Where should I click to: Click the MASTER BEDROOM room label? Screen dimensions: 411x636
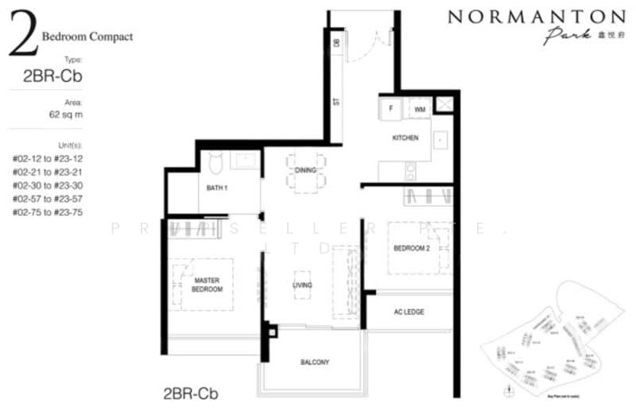(x=207, y=285)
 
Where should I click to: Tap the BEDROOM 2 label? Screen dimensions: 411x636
(x=411, y=248)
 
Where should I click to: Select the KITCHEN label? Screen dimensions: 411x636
(x=405, y=138)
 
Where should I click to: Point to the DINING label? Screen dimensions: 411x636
(x=305, y=170)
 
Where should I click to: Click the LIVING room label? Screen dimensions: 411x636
(x=301, y=285)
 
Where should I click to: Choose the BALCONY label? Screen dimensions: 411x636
(x=315, y=363)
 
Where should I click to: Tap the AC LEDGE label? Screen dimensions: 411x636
(x=409, y=312)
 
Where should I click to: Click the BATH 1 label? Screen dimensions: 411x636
(x=217, y=188)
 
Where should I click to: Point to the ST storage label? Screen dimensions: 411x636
(x=335, y=102)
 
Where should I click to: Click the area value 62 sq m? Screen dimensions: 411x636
(x=66, y=114)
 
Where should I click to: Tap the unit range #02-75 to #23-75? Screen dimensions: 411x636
(x=48, y=212)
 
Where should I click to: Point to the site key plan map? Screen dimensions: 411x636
(x=549, y=350)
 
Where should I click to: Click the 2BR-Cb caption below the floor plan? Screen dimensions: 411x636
(x=190, y=393)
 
